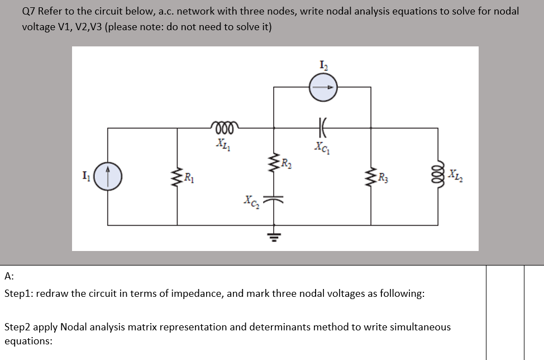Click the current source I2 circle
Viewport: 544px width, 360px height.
(323, 87)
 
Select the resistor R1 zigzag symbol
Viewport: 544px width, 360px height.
(178, 178)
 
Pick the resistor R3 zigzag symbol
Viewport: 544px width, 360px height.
(371, 178)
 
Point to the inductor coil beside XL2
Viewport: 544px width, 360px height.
(438, 178)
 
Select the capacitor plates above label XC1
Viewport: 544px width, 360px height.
(323, 128)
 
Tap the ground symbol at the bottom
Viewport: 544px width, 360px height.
(274, 235)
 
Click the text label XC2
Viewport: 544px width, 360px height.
(251, 200)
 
